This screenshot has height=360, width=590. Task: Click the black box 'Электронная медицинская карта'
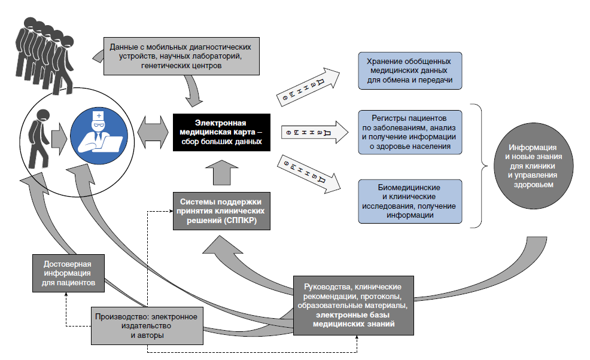pyautogui.click(x=221, y=132)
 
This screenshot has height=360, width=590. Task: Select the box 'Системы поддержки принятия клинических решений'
pyautogui.click(x=221, y=211)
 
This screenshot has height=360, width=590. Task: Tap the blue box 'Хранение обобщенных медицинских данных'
pyautogui.click(x=410, y=71)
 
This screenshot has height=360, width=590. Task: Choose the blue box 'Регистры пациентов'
pyautogui.click(x=410, y=132)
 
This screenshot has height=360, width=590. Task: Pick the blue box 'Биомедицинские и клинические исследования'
pyautogui.click(x=410, y=202)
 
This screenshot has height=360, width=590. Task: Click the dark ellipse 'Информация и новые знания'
pyautogui.click(x=534, y=166)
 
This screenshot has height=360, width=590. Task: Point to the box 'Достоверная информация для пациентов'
pyautogui.click(x=68, y=273)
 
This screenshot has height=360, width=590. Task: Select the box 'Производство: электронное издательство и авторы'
pyautogui.click(x=147, y=326)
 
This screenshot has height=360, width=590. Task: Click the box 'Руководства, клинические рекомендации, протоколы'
pyautogui.click(x=353, y=306)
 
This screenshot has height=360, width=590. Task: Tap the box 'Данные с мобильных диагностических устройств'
pyautogui.click(x=181, y=56)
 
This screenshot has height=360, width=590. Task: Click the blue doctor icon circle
pyautogui.click(x=99, y=136)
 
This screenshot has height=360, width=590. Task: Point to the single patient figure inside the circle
pyautogui.click(x=39, y=138)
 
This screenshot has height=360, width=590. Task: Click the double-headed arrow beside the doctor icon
pyautogui.click(x=153, y=132)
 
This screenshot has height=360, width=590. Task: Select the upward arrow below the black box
pyautogui.click(x=222, y=173)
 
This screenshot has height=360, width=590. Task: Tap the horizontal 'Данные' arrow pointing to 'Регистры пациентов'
pyautogui.click(x=315, y=132)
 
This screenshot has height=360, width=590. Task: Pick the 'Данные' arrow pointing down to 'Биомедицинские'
pyautogui.click(x=309, y=174)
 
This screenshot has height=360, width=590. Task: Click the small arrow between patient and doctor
pyautogui.click(x=59, y=138)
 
